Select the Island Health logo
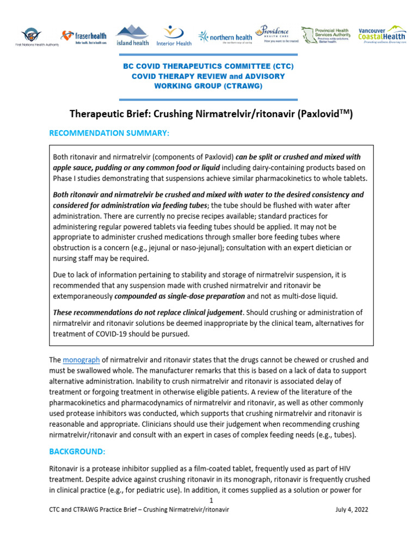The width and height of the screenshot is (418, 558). coord(132,35)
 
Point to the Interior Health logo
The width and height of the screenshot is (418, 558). coord(174,35)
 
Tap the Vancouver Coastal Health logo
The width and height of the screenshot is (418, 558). coord(382,34)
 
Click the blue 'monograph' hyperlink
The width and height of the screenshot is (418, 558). coord(81,360)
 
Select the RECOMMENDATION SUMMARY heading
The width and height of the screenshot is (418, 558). coord(109,133)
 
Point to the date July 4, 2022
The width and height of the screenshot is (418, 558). coord(354,510)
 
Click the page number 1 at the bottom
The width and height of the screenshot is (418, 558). coord(211,500)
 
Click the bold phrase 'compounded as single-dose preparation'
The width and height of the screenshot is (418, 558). coord(180,296)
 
